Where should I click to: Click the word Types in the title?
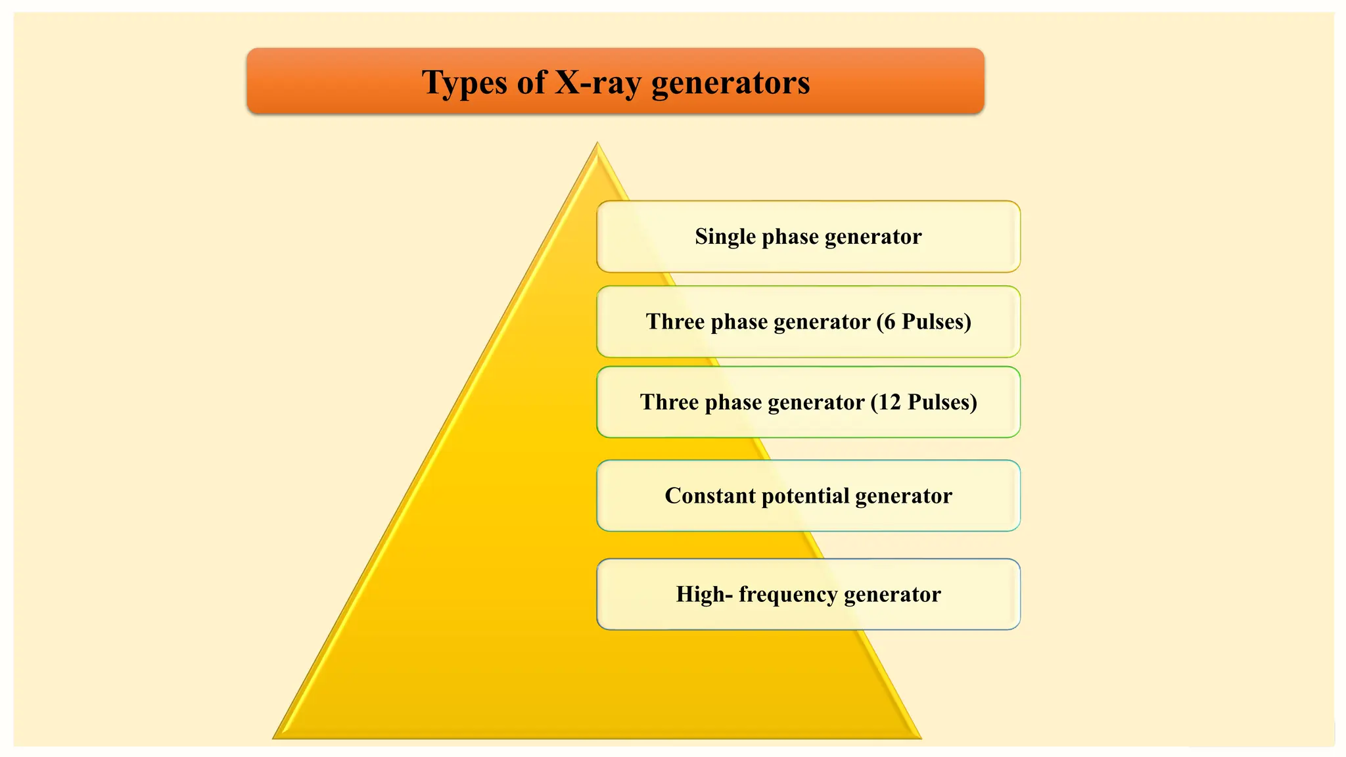[x=465, y=83]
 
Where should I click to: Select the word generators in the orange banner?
[x=730, y=83]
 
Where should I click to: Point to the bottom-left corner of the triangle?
[x=275, y=738]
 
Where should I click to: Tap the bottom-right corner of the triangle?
[x=920, y=738]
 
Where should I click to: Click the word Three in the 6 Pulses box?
[x=675, y=322]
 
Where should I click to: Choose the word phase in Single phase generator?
[x=789, y=237]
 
